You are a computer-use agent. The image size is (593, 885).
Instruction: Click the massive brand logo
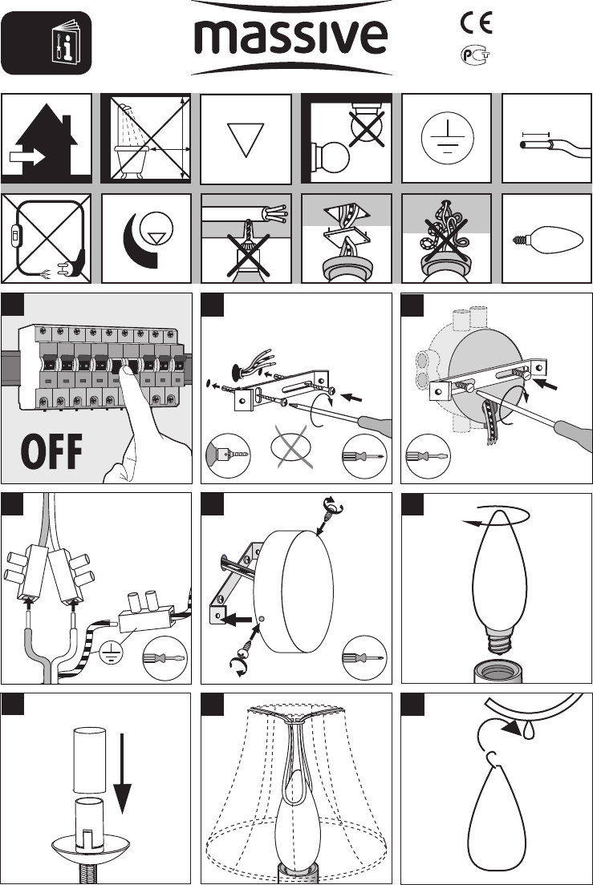pyautogui.click(x=290, y=37)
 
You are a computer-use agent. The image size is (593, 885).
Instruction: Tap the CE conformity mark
pyautogui.click(x=476, y=23)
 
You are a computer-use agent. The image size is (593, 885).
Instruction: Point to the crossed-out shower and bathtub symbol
pyautogui.click(x=146, y=138)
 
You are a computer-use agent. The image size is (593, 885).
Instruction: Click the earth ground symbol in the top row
pyautogui.click(x=447, y=138)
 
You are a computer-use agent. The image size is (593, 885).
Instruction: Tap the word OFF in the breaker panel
pyautogui.click(x=51, y=451)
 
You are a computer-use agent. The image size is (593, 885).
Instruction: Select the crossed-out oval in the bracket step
pyautogui.click(x=293, y=447)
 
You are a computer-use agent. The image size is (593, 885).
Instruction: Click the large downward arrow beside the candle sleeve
pyautogui.click(x=122, y=773)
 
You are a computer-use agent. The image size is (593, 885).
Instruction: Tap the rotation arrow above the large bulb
pyautogui.click(x=496, y=516)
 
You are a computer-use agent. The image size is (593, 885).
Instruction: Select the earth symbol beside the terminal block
pyautogui.click(x=111, y=653)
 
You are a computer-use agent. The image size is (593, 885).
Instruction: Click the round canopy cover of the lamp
pyautogui.click(x=293, y=591)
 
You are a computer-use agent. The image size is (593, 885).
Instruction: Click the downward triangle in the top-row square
pyautogui.click(x=246, y=139)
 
